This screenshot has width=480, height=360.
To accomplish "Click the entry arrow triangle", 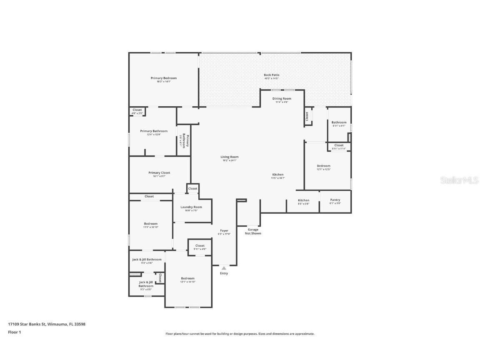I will (224, 268).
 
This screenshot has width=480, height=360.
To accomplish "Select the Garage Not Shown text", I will (253, 231).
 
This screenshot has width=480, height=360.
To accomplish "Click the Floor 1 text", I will (14, 332).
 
